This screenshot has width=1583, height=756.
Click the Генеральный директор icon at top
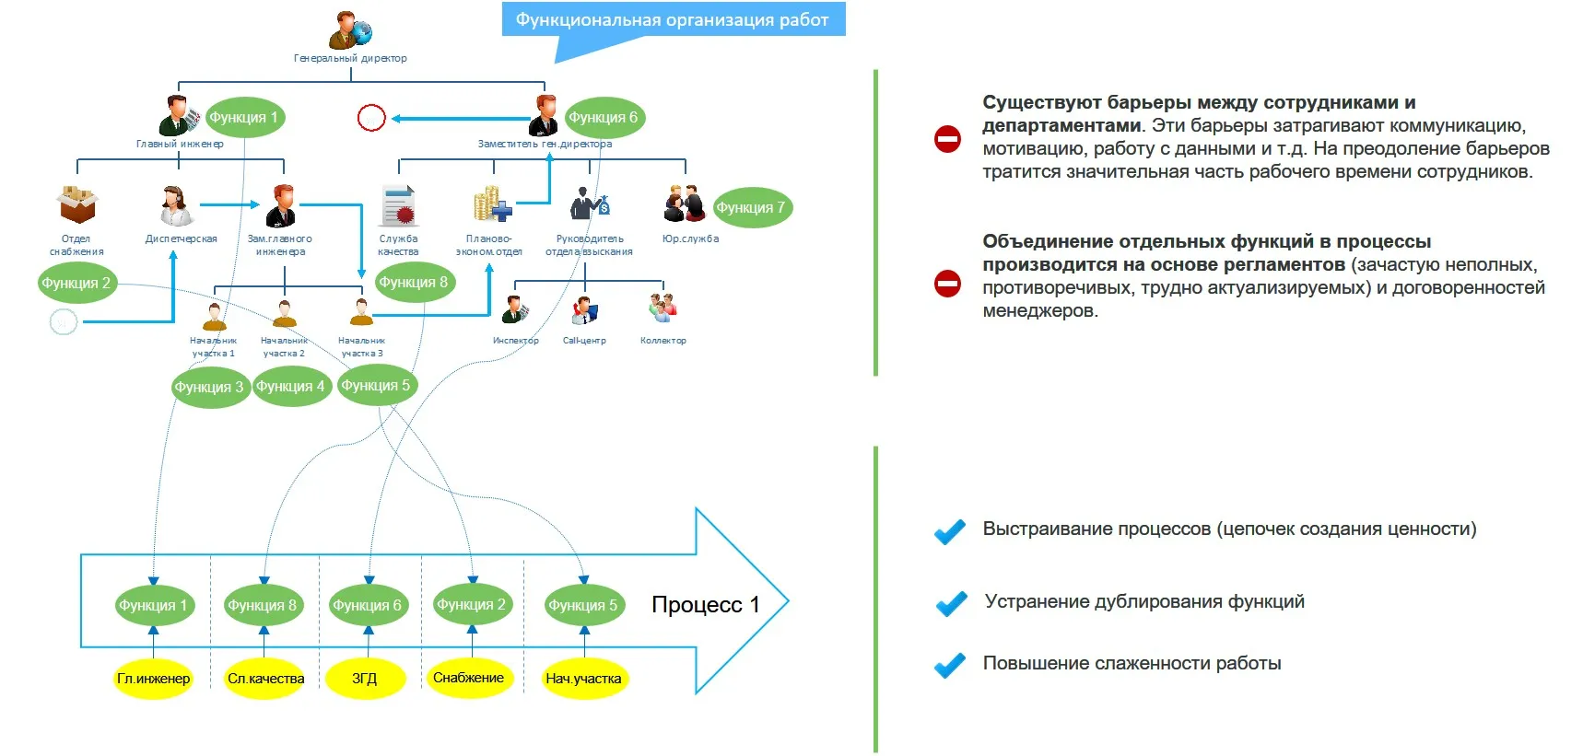tap(350, 29)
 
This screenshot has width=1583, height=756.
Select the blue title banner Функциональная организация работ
tap(673, 19)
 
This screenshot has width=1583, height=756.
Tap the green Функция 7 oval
tap(751, 208)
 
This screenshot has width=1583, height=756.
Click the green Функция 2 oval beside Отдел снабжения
tap(76, 284)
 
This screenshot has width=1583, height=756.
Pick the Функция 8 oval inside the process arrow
tap(263, 605)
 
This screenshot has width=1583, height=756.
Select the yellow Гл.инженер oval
tap(153, 679)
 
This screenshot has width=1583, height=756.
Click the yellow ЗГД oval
tap(365, 679)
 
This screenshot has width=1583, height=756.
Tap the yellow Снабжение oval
tap(469, 678)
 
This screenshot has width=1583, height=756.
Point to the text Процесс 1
tap(706, 605)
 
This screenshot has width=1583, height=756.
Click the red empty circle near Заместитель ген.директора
tap(371, 118)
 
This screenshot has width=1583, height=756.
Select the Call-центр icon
tap(584, 310)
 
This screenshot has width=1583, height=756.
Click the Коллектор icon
tap(663, 308)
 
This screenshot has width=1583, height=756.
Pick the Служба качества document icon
tap(399, 205)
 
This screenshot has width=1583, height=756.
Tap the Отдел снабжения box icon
tap(77, 204)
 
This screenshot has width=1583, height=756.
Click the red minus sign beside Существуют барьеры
tap(947, 139)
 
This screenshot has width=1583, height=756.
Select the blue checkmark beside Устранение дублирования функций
tap(951, 603)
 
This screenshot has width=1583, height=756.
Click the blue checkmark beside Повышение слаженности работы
tap(950, 665)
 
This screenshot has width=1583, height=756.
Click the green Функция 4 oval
tap(291, 387)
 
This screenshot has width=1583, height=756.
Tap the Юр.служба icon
tap(685, 204)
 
